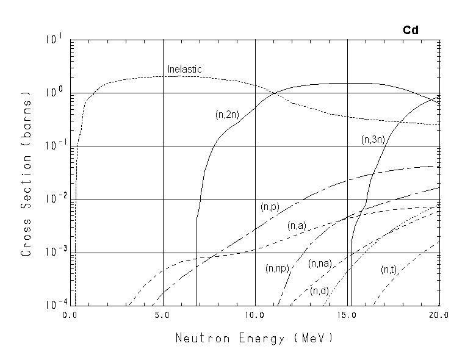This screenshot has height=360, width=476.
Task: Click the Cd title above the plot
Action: pos(410,30)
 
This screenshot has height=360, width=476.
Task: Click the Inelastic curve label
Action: pos(184,70)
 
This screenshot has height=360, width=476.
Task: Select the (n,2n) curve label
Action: pos(227,115)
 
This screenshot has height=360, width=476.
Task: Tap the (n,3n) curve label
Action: pos(372,140)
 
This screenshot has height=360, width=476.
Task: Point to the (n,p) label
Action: pos(269,207)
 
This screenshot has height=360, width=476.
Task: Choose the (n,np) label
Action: pos(278,268)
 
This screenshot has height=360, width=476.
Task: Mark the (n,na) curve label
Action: pos(320,264)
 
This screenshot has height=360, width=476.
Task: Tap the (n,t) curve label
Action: pos(389,269)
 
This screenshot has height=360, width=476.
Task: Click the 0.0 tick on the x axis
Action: pos(70,315)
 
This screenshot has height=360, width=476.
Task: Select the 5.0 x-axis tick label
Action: pos(162,315)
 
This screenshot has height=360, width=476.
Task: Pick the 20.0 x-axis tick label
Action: pos(438,315)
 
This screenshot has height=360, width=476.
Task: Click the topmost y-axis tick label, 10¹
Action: pos(53,40)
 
